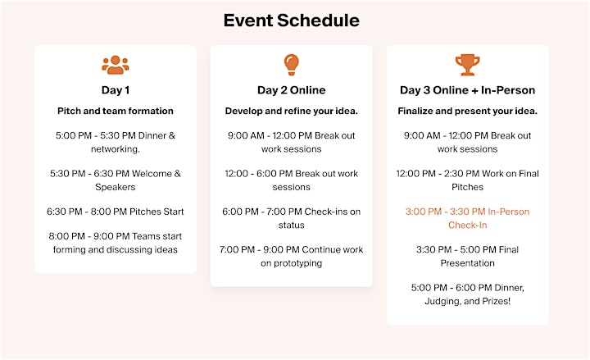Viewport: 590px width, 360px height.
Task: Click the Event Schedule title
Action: click(292, 21)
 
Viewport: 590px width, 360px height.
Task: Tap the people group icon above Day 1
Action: click(116, 65)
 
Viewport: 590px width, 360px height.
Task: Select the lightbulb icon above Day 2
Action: click(291, 65)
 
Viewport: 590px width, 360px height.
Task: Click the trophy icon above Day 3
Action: click(467, 65)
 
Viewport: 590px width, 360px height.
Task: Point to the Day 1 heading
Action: click(116, 90)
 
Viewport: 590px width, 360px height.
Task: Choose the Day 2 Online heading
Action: click(291, 90)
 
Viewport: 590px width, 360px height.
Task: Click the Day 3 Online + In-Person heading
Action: click(467, 90)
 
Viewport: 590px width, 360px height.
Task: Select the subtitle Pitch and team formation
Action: click(116, 111)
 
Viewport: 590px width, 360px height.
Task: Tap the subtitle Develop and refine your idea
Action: click(291, 111)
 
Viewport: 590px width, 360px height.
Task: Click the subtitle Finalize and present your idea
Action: click(467, 111)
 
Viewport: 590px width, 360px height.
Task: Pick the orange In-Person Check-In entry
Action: click(467, 218)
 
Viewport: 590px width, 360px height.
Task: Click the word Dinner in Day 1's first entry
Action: click(152, 135)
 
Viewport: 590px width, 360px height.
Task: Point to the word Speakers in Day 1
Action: click(116, 187)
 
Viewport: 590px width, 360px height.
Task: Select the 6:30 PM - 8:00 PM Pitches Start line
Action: click(116, 212)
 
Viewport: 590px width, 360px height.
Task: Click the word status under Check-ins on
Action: click(291, 226)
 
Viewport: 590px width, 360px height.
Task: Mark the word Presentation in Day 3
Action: click(467, 263)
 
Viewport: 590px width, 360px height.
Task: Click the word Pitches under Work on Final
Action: click(467, 187)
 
